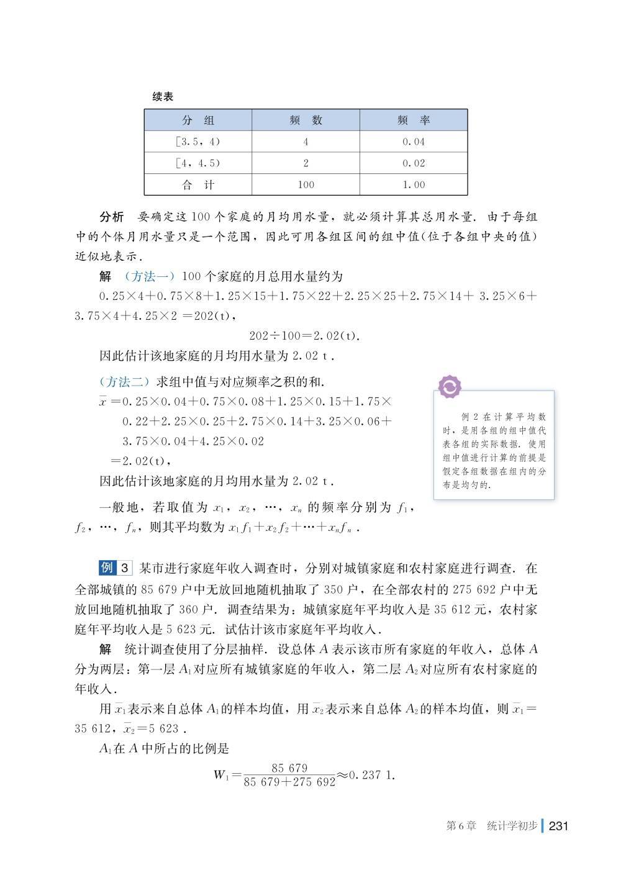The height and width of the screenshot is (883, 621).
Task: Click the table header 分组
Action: click(x=197, y=120)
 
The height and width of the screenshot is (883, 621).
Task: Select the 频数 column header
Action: click(x=306, y=120)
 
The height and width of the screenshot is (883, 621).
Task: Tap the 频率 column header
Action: click(x=414, y=120)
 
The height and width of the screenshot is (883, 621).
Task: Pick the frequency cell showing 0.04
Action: click(x=414, y=142)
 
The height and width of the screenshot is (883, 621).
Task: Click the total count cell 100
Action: click(x=306, y=184)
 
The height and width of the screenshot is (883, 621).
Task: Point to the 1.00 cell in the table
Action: click(x=414, y=184)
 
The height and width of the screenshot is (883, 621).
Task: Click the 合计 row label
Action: click(x=197, y=184)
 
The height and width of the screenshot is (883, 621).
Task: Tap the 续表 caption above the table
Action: click(x=163, y=97)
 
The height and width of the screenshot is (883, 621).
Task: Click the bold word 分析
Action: click(x=112, y=217)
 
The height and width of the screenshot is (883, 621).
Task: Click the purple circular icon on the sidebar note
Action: click(x=450, y=387)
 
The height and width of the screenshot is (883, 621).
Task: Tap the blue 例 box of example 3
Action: click(x=107, y=568)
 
